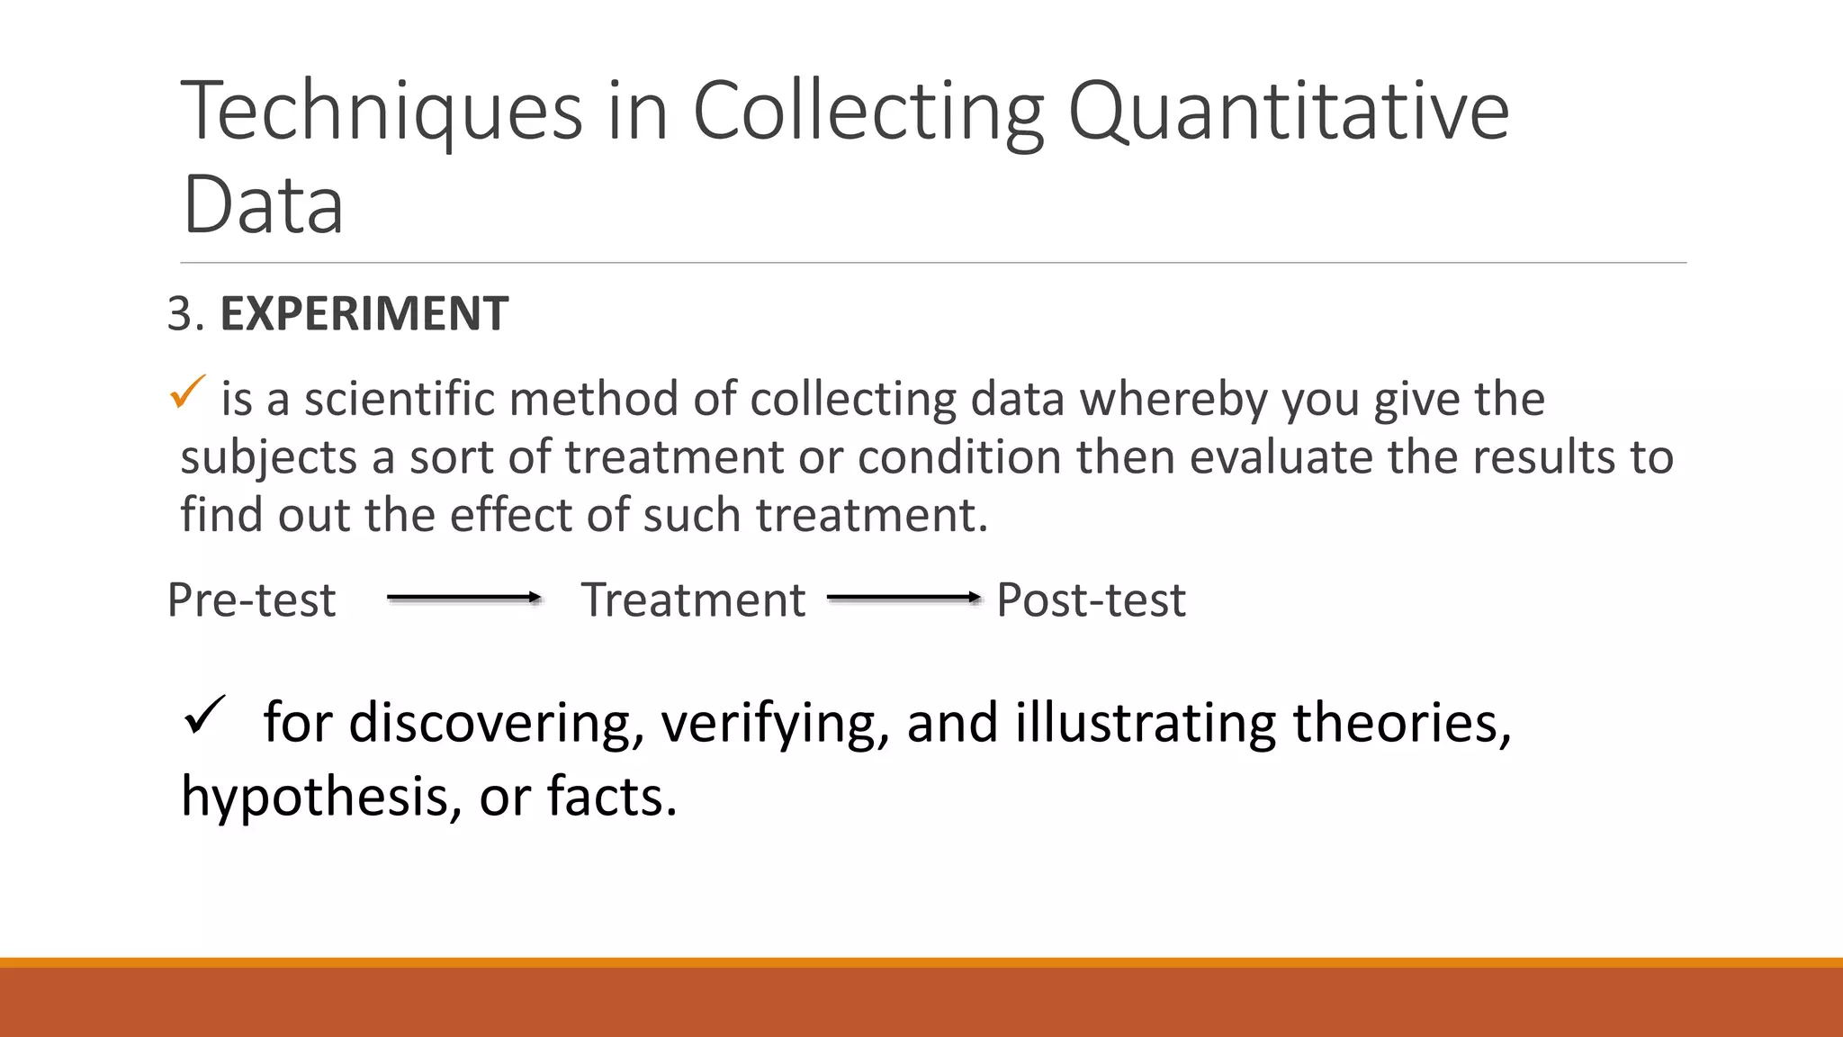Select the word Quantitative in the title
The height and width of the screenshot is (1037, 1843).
click(1288, 112)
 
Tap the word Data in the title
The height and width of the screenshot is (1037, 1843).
click(262, 205)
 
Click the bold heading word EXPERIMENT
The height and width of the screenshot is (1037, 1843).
click(364, 314)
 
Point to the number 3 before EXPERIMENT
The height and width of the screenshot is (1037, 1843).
click(180, 314)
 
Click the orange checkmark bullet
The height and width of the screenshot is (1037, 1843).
click(187, 392)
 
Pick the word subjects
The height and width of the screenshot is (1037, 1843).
click(269, 457)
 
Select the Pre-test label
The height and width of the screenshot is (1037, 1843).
click(251, 600)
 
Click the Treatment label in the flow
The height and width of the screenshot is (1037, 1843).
click(693, 600)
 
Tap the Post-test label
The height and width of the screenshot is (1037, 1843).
click(1091, 600)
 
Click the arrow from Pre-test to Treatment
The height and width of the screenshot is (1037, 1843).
click(463, 598)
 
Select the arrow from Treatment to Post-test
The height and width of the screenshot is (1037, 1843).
click(904, 598)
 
